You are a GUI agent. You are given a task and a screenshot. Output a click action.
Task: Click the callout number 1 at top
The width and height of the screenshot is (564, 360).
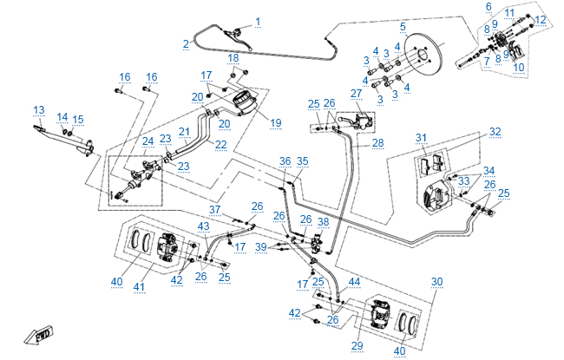pyautogui.click(x=257, y=20)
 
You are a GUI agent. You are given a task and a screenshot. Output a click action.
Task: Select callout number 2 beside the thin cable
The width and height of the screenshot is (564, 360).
pyautogui.click(x=186, y=43)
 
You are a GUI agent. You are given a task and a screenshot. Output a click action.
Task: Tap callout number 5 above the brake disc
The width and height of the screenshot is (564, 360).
pyautogui.click(x=403, y=27)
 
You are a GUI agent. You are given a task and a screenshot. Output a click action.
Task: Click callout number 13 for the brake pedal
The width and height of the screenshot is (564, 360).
pyautogui.click(x=39, y=109)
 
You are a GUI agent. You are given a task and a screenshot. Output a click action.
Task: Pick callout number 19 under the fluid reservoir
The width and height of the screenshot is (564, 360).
pyautogui.click(x=275, y=123)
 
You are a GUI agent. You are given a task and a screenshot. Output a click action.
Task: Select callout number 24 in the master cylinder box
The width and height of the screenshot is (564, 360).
pyautogui.click(x=148, y=141)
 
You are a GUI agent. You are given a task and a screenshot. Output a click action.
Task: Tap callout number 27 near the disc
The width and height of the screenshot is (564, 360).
pyautogui.click(x=356, y=93)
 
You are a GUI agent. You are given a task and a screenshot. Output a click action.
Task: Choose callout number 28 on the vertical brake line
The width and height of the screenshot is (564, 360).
pyautogui.click(x=377, y=142)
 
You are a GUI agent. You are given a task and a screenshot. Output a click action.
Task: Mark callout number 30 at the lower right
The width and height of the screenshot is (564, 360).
pyautogui.click(x=436, y=281)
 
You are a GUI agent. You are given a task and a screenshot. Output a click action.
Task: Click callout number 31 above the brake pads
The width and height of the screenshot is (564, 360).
pyautogui.click(x=421, y=138)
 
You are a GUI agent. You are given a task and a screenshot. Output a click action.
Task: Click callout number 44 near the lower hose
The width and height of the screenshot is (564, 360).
pyautogui.click(x=353, y=283)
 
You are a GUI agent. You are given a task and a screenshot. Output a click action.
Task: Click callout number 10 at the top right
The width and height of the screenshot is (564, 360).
pyautogui.click(x=519, y=66)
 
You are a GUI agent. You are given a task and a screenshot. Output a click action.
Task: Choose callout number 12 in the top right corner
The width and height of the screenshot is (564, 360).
pyautogui.click(x=540, y=19)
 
